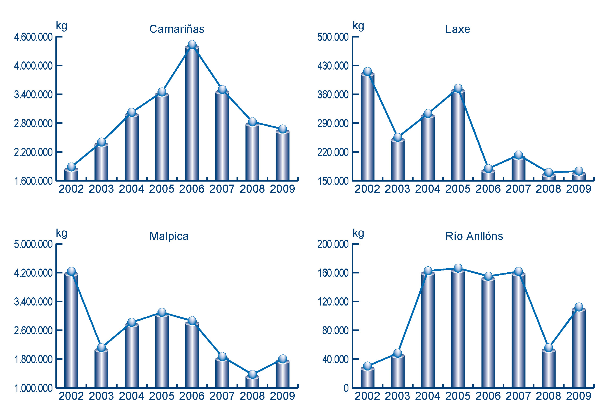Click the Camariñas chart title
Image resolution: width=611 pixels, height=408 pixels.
[177, 29]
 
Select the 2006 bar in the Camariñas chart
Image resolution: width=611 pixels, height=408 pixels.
[192, 114]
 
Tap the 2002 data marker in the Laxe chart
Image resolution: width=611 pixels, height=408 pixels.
[367, 71]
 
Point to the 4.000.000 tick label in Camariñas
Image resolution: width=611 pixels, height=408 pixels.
[33, 66]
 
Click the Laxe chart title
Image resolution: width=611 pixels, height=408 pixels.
[458, 29]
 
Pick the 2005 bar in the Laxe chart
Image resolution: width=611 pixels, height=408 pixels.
[458, 136]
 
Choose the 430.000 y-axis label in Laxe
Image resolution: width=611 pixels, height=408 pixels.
[333, 66]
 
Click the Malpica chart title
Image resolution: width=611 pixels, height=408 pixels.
[169, 236]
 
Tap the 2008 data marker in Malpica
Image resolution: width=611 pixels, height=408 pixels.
[253, 374]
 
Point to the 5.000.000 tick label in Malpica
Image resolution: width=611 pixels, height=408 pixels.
[33, 244]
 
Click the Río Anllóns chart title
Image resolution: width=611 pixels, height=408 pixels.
[474, 236]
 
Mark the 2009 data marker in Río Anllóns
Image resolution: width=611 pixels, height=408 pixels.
[579, 307]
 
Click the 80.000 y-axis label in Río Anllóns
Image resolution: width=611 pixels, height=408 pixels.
[335, 331]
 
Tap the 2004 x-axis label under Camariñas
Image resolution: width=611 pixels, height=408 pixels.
[131, 189]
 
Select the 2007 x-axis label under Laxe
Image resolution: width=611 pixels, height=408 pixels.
[518, 189]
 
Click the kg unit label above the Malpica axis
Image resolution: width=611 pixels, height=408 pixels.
[61, 233]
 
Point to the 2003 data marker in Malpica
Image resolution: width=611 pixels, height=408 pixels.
[101, 347]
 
